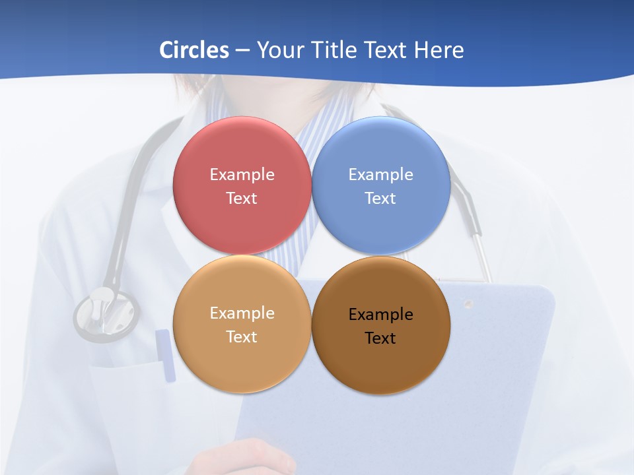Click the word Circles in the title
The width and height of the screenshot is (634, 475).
pos(194,50)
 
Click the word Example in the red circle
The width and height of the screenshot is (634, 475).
pos(242,175)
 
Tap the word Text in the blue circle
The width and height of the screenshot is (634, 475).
pos(380,199)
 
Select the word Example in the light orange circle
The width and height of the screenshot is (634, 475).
pos(242,313)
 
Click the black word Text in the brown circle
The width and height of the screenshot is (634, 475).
pos(380,338)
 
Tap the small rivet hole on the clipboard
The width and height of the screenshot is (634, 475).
pos(468,304)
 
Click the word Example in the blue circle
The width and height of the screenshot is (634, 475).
pos(380,175)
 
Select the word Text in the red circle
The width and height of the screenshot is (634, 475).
pos(242,199)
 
